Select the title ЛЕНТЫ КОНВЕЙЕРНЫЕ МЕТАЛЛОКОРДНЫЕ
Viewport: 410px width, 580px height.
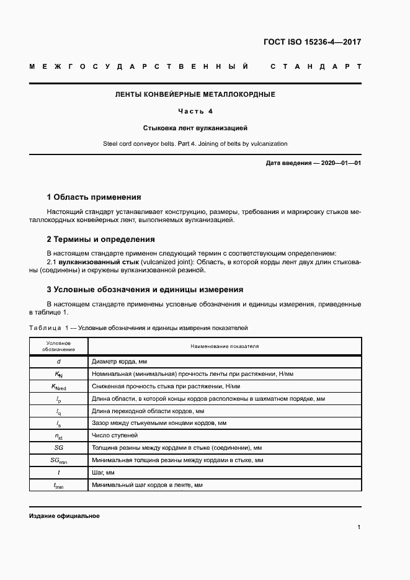pyautogui.click(x=195, y=95)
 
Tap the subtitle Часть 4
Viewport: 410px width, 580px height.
pyautogui.click(x=195, y=112)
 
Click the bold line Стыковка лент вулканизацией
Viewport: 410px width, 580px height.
pyautogui.click(x=195, y=128)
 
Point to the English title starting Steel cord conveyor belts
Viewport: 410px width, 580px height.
pyautogui.click(x=195, y=144)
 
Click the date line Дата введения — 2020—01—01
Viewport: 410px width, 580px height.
pyautogui.click(x=313, y=163)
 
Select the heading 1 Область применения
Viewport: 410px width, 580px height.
pyautogui.click(x=94, y=197)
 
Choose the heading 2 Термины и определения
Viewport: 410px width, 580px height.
pyautogui.click(x=100, y=239)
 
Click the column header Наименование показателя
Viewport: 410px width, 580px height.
pyautogui.click(x=225, y=346)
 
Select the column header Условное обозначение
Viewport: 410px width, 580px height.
pyautogui.click(x=59, y=346)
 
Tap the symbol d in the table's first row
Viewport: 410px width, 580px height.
pyautogui.click(x=59, y=361)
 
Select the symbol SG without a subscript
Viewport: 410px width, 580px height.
pyautogui.click(x=59, y=447)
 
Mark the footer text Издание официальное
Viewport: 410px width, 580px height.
pyautogui.click(x=64, y=516)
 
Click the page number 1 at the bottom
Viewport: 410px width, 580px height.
pyautogui.click(x=359, y=527)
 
